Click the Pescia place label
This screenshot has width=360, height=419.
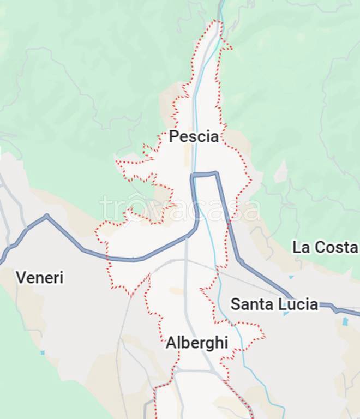click(x=194, y=136)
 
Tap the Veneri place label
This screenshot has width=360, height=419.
click(x=39, y=278)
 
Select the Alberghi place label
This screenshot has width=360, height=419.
click(x=196, y=343)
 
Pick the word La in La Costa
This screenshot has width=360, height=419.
click(x=301, y=247)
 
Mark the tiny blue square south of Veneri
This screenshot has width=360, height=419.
click(x=43, y=353)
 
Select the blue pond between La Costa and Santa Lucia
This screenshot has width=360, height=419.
click(x=290, y=277)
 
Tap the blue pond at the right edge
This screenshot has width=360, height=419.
click(x=345, y=322)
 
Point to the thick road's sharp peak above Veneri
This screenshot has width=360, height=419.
click(x=47, y=216)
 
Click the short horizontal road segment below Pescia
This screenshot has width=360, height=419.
click(x=205, y=175)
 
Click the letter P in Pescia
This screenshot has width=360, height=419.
click(x=174, y=136)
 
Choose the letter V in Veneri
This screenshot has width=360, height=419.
click(x=21, y=278)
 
